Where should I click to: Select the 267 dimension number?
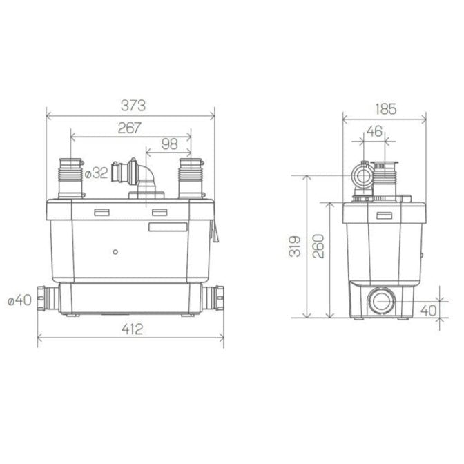[x=129, y=127]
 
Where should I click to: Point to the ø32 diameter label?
[x=96, y=173]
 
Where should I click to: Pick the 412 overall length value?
[x=130, y=329]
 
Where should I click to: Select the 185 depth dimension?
[x=386, y=108]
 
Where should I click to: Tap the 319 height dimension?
[x=295, y=246]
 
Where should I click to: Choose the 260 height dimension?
[x=318, y=246]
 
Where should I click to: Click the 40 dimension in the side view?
[x=427, y=310]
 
